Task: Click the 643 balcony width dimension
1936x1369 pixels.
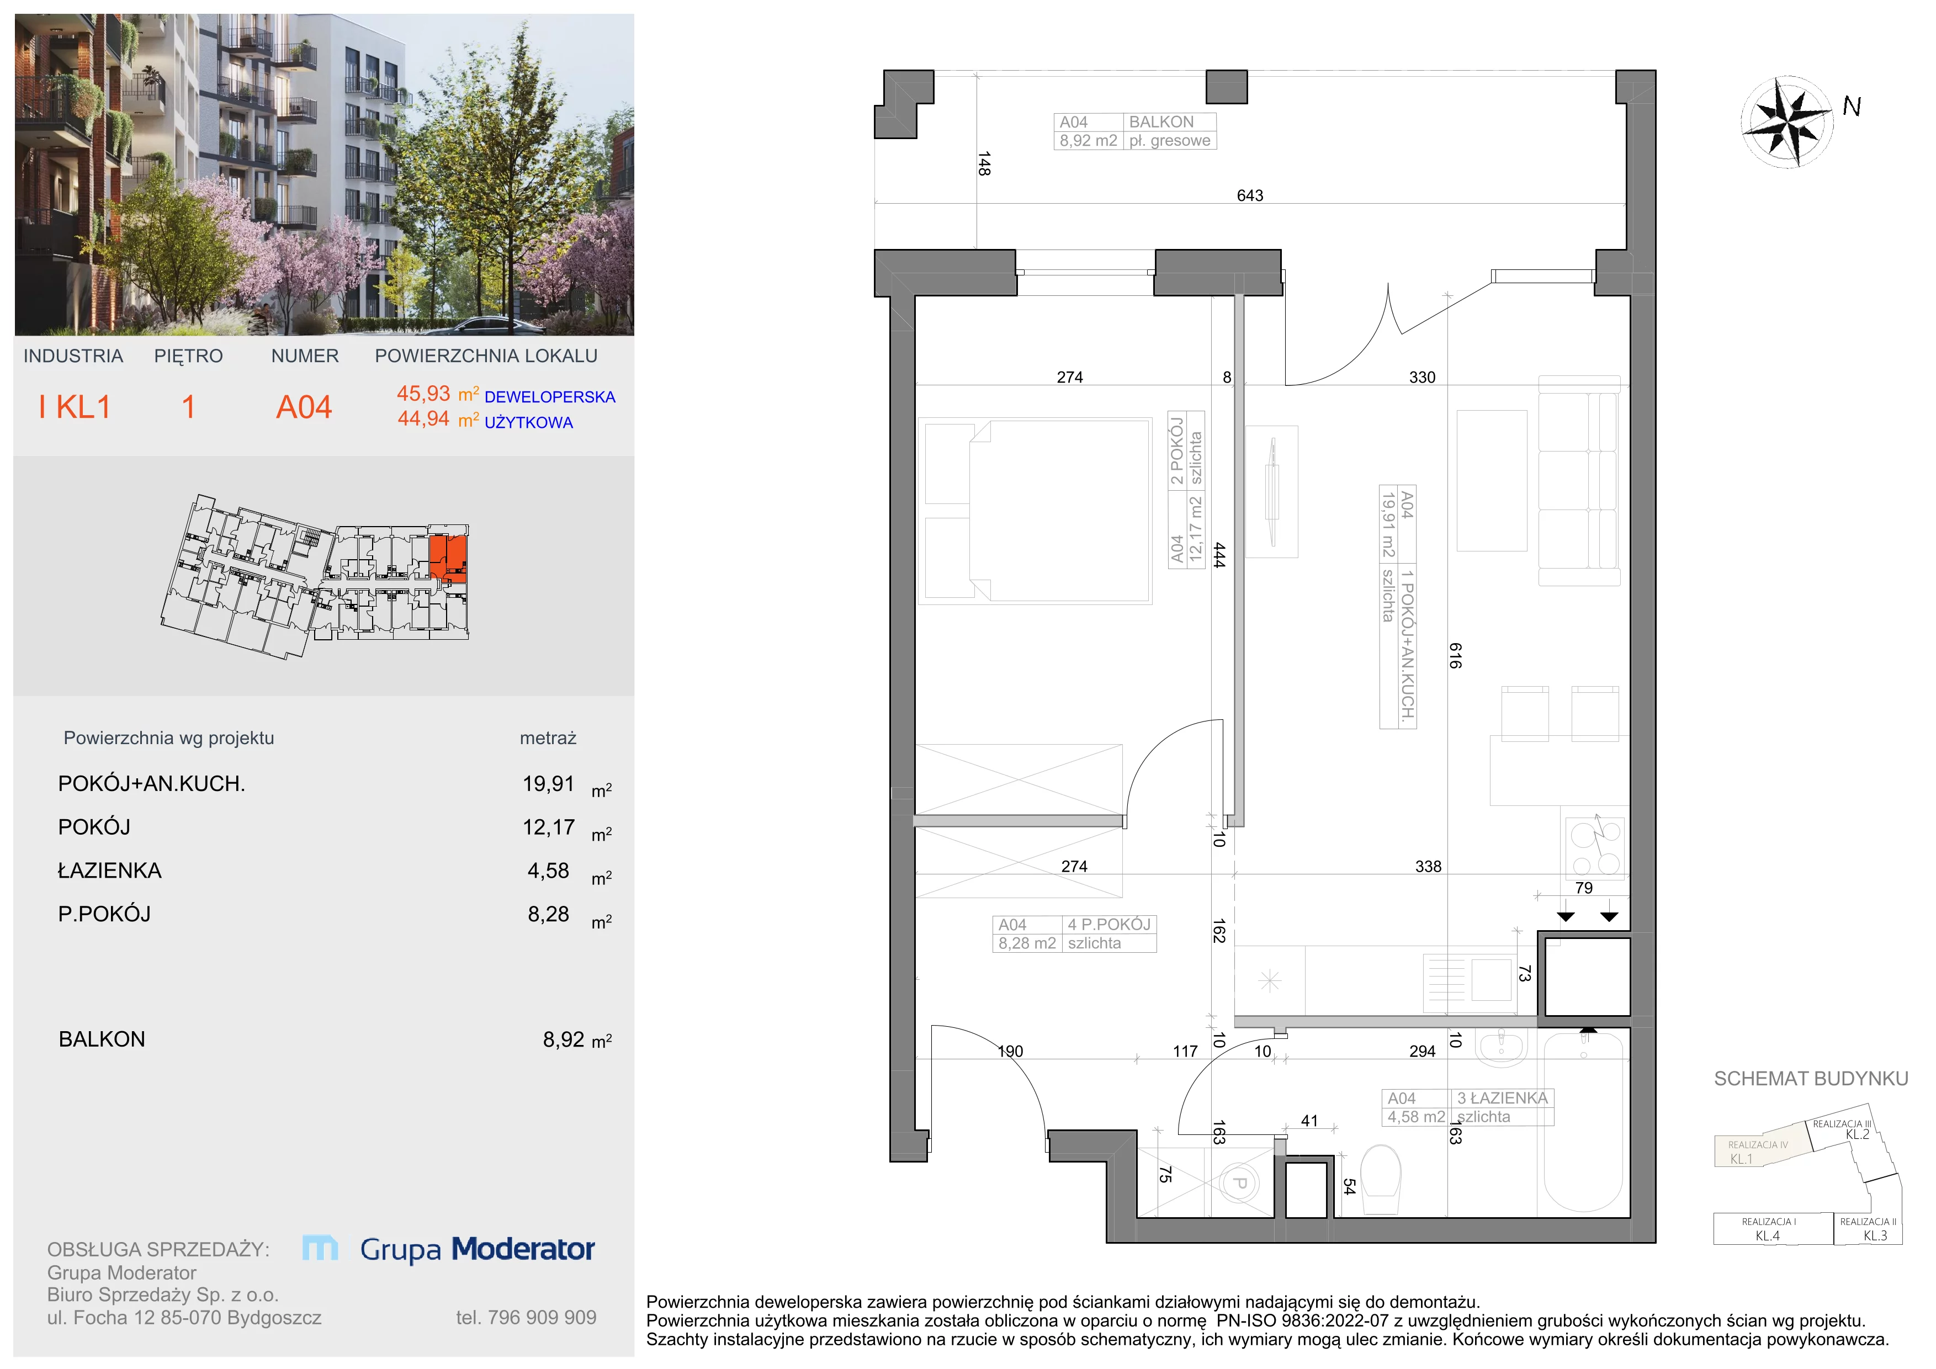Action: click(x=1250, y=195)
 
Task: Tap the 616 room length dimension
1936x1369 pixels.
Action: click(x=1455, y=655)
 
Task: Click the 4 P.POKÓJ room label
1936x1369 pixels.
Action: click(x=1109, y=925)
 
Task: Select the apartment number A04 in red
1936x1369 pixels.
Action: click(x=304, y=407)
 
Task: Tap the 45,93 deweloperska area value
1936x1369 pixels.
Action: click(x=423, y=394)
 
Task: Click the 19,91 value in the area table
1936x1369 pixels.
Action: click(x=548, y=784)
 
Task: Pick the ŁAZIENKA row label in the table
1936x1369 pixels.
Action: click(x=110, y=871)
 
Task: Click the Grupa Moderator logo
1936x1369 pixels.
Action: click(x=449, y=1249)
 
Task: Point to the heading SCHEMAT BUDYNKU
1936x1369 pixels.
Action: click(x=1810, y=1079)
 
